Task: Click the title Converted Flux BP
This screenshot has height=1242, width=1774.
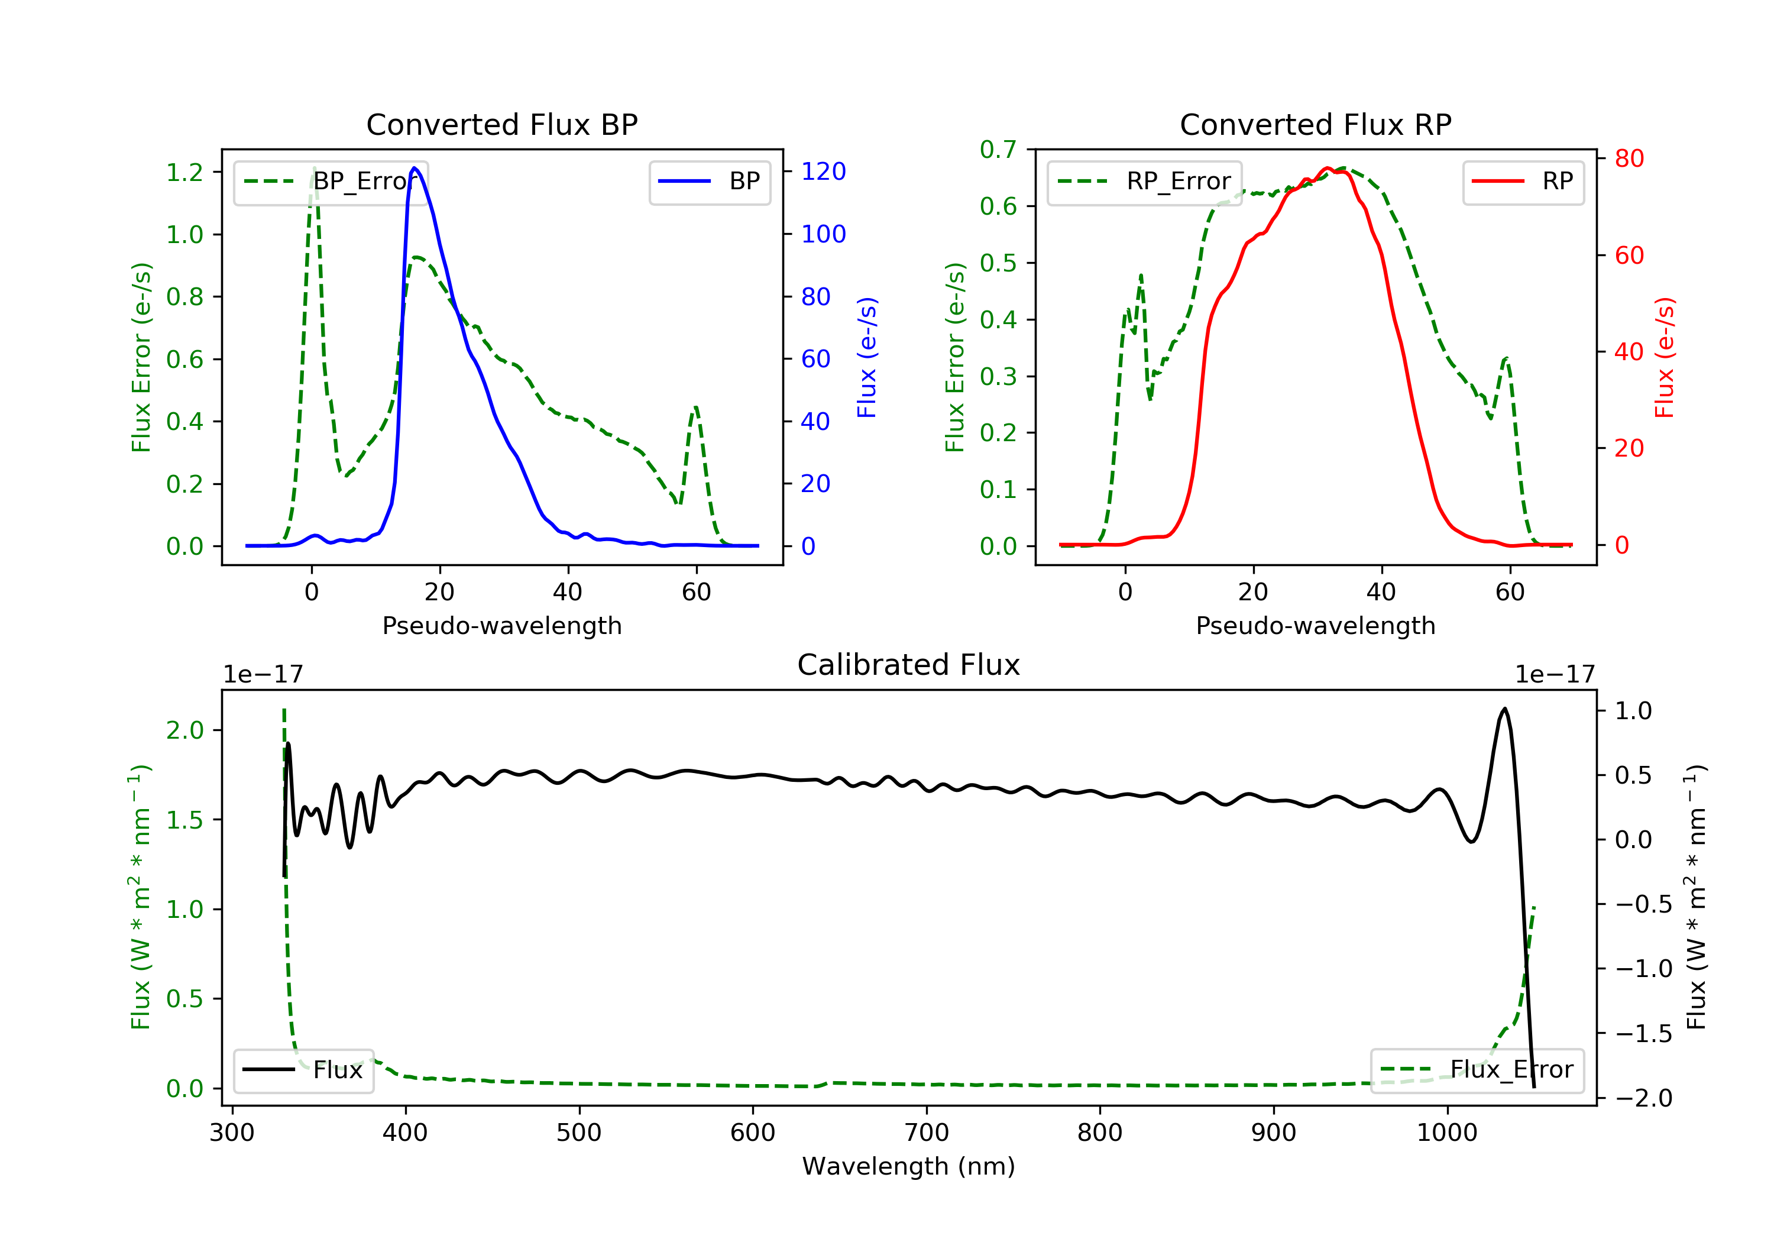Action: tap(501, 124)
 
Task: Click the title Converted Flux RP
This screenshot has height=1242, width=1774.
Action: tap(1315, 124)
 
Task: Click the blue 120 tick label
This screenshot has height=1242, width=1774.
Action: tap(823, 172)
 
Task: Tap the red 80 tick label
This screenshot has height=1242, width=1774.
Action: tap(1629, 159)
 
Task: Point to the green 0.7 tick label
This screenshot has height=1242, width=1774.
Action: tap(998, 149)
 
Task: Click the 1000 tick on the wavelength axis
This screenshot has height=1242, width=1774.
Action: tap(1446, 1133)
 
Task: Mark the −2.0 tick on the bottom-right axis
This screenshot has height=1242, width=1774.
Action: tap(1643, 1098)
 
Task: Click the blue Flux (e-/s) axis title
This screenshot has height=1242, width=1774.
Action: tap(867, 357)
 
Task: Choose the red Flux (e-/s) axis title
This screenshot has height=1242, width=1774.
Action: tap(1664, 357)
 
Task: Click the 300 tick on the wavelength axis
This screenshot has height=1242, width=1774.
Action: tap(232, 1133)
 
